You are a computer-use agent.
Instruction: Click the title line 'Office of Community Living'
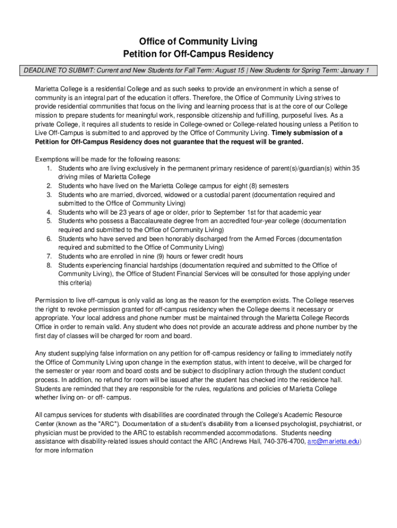(198, 42)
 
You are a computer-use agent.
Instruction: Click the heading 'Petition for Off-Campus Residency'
(198, 54)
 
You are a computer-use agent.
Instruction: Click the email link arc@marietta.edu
(334, 441)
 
